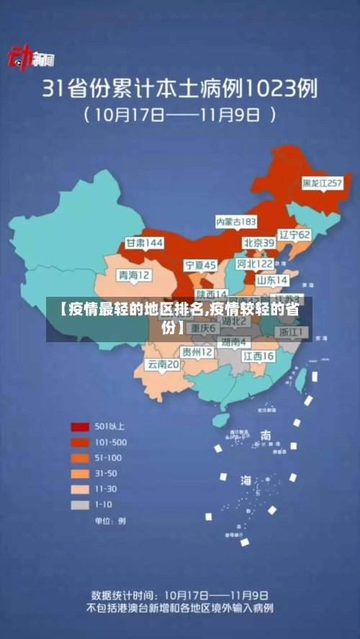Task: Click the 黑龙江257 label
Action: tap(321, 183)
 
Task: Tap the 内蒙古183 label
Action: tap(236, 221)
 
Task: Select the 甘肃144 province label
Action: tap(145, 243)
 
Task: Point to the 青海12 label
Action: tap(135, 274)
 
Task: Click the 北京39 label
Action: tap(258, 243)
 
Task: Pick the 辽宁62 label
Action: tap(294, 235)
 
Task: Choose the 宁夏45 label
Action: tap(200, 265)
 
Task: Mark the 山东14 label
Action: tap(272, 280)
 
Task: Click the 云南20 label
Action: tap(163, 365)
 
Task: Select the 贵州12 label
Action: tap(197, 352)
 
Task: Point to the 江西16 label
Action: tap(258, 356)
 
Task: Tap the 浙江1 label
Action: tap(292, 332)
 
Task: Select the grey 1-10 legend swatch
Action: tap(80, 505)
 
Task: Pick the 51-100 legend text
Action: tap(109, 457)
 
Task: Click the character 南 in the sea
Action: tap(266, 435)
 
